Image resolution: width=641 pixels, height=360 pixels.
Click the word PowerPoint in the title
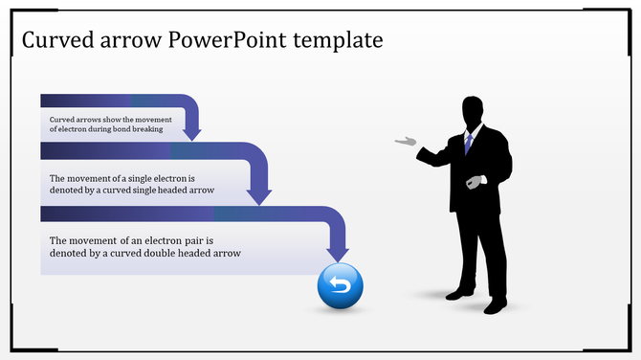pos(220,40)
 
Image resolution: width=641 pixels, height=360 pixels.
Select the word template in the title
pos(338,40)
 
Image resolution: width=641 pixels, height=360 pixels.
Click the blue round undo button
pos(341,285)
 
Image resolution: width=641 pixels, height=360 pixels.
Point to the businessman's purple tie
pos(469,143)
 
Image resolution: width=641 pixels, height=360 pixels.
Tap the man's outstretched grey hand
pos(407,142)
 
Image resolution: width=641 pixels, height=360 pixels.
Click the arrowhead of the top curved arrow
pos(191,129)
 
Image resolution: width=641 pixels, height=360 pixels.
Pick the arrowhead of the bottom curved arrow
pos(338,251)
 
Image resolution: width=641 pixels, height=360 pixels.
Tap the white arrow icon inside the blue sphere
pos(341,283)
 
